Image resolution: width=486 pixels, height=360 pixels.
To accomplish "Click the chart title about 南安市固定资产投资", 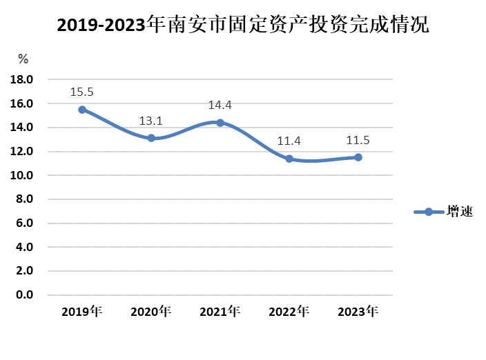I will click(242, 26).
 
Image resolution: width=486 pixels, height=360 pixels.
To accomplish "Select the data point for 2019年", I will click(82, 110).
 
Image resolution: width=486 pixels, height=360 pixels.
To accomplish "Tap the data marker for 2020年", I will click(151, 138).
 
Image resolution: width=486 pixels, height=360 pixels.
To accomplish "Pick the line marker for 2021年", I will click(220, 123).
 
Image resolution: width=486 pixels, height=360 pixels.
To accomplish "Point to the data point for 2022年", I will click(289, 159).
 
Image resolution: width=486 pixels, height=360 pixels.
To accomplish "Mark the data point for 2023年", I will click(358, 157).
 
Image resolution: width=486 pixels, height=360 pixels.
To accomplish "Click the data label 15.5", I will click(82, 92).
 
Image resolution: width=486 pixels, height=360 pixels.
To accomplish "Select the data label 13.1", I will click(151, 121).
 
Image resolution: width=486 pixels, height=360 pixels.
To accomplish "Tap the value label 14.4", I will click(220, 106).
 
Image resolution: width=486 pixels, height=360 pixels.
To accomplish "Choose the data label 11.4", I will click(289, 141).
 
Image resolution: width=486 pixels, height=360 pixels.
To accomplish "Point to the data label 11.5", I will click(358, 141).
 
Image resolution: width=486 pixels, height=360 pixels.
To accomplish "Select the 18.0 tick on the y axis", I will click(23, 80).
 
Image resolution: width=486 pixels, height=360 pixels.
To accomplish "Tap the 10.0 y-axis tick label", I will click(23, 175).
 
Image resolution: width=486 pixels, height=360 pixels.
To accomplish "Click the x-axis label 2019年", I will click(82, 312).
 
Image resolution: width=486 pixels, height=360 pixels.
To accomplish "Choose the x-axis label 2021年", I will click(220, 312).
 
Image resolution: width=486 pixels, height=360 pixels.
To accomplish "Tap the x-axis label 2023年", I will click(358, 312).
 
